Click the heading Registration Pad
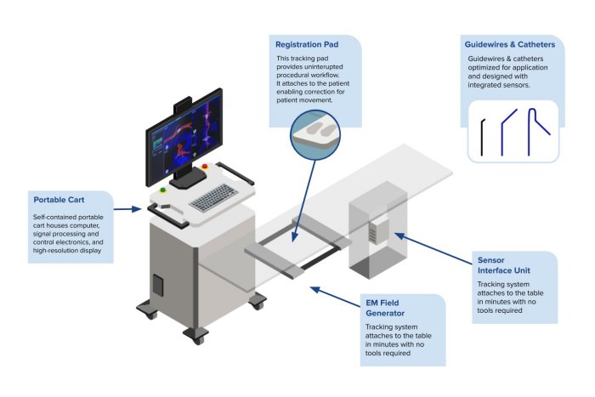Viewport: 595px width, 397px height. tap(309, 43)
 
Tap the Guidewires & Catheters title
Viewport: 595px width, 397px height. tap(510, 43)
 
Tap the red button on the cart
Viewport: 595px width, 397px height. tap(205, 167)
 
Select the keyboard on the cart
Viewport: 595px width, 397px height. tap(212, 197)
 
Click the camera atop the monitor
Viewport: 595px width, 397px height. tap(183, 107)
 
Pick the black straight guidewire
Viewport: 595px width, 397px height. tap(482, 137)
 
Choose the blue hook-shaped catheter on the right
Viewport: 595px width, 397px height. tap(538, 133)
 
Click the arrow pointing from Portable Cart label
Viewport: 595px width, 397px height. tap(127, 207)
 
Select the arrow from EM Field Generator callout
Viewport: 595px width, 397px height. tap(336, 298)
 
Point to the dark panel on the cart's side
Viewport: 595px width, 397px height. tap(157, 286)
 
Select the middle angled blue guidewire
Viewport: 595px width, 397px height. tap(507, 133)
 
